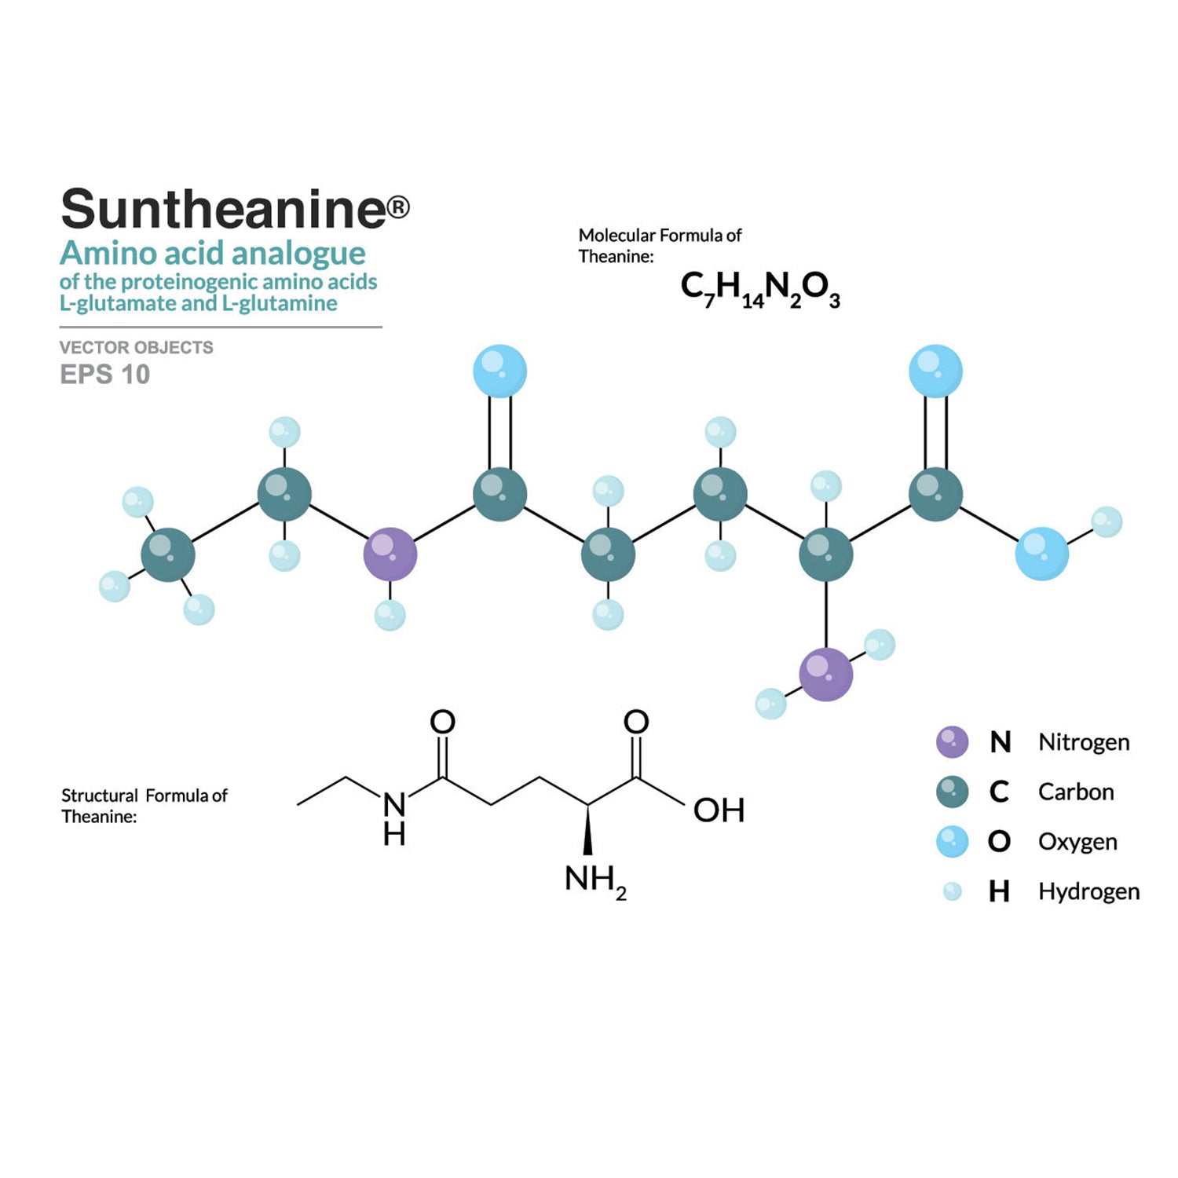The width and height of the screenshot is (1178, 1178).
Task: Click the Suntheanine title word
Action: (x=224, y=209)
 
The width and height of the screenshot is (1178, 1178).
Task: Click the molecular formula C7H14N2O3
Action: (x=759, y=289)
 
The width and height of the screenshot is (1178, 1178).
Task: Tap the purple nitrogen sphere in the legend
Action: (x=952, y=742)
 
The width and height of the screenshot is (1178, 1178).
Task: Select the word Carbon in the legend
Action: (x=1075, y=792)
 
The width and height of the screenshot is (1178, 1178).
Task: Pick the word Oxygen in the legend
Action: (x=1077, y=841)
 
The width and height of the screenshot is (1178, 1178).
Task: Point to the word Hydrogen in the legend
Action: (x=1088, y=891)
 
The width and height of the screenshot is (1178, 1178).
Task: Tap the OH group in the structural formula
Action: (x=719, y=810)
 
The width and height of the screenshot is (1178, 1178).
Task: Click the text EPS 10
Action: (x=104, y=375)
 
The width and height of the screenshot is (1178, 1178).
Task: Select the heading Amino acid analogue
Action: (x=213, y=254)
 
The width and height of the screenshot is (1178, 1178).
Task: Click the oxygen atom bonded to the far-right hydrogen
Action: (x=1041, y=554)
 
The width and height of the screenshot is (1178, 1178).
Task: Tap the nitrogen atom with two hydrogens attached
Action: (x=825, y=674)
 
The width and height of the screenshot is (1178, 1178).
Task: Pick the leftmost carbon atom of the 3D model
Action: (x=167, y=554)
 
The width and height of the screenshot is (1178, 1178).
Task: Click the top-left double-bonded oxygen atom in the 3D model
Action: (x=499, y=371)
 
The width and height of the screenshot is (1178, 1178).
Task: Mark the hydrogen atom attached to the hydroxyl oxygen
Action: (x=1107, y=521)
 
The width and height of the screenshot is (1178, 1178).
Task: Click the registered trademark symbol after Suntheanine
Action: (x=398, y=207)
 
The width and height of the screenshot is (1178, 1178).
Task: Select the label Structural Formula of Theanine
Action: (x=144, y=806)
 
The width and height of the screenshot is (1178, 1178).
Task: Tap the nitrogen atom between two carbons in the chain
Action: (x=390, y=554)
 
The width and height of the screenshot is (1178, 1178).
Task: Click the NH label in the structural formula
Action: (x=394, y=818)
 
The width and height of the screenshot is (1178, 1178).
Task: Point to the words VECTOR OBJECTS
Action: (x=136, y=347)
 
